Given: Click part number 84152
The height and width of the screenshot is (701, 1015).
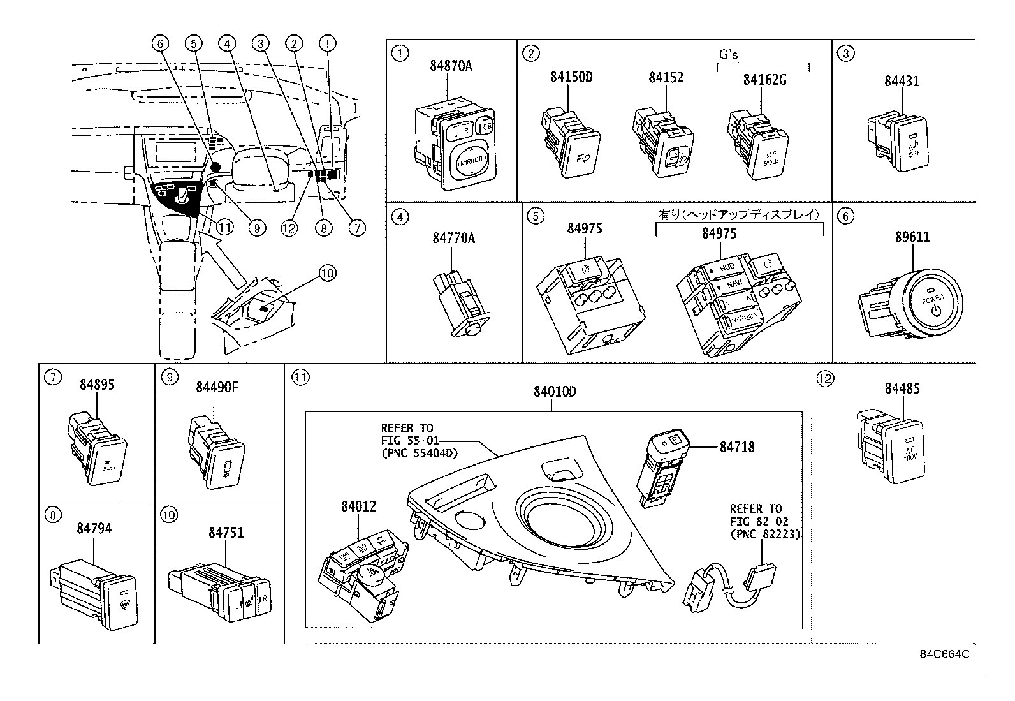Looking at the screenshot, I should [x=666, y=77].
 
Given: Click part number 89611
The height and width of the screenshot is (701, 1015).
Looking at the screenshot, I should [x=912, y=237].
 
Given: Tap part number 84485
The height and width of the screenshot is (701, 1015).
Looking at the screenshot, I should [x=902, y=388].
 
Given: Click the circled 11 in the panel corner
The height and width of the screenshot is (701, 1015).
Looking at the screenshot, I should [x=300, y=378].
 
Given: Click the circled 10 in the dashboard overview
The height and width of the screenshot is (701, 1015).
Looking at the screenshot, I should [x=326, y=273].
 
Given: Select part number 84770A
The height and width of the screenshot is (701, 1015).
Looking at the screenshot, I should [x=453, y=238].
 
